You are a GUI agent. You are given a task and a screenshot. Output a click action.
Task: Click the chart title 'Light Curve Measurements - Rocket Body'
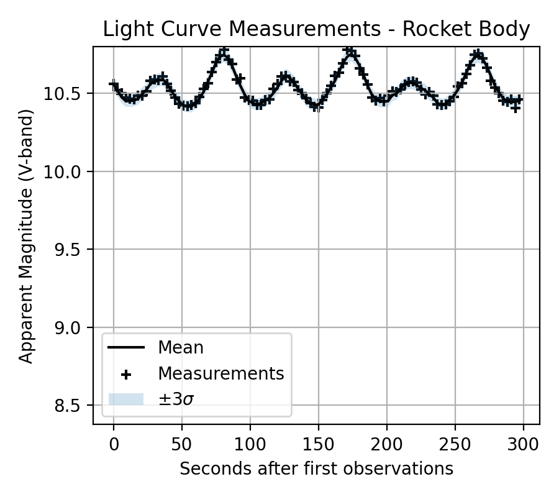316,29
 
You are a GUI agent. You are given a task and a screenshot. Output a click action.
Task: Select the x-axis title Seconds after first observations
316,468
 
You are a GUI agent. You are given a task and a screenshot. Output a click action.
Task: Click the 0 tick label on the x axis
114,444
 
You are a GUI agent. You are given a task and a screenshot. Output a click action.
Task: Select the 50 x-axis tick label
182,444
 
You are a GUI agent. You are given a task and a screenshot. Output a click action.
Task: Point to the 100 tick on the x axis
250,444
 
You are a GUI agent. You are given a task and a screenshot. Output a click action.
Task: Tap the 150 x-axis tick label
319,444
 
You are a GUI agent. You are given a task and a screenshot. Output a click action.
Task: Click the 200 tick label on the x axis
387,444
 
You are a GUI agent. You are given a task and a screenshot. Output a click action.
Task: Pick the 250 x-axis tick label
455,444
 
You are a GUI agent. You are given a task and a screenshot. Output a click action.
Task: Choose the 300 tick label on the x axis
524,444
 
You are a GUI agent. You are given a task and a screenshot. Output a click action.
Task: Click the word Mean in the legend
180,347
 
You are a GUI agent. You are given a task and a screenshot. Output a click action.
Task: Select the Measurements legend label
220,373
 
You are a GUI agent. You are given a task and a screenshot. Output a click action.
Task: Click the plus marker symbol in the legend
126,374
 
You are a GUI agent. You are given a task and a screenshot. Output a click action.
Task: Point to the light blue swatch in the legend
126,399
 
